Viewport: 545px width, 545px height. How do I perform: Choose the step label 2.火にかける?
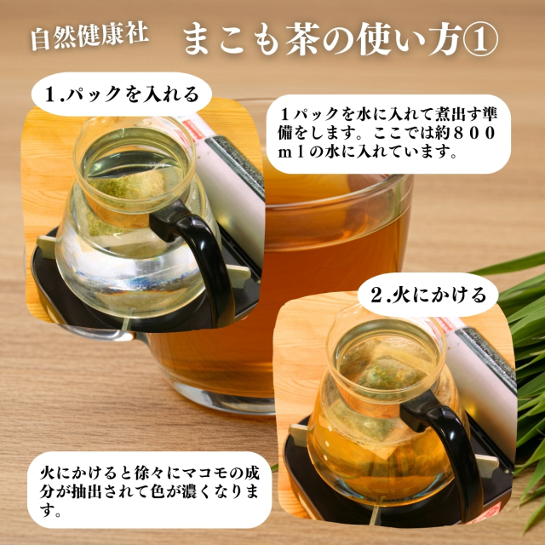428,295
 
